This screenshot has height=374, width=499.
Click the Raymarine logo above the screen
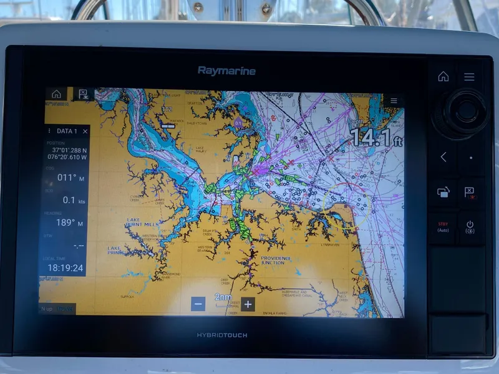[x=226, y=70]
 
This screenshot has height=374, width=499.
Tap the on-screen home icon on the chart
[x=56, y=94]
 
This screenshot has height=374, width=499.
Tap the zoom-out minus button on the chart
[x=198, y=304]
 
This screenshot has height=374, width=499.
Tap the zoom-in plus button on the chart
[x=248, y=304]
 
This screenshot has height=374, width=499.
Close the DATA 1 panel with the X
[x=85, y=132]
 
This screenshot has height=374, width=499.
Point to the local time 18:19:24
[x=65, y=267]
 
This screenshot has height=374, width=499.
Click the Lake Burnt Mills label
[x=142, y=222]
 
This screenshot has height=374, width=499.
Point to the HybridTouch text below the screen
[x=222, y=335]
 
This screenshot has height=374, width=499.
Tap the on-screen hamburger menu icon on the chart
[x=393, y=100]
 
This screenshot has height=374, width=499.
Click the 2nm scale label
[x=223, y=297]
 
